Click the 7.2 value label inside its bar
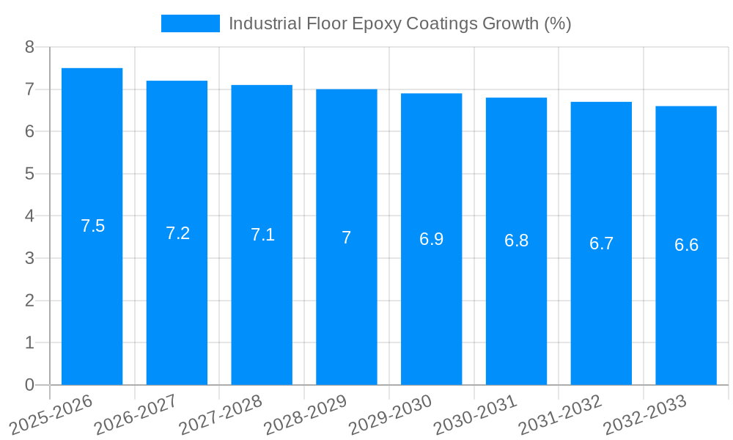pyautogui.click(x=177, y=233)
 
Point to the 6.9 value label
pyautogui.click(x=431, y=239)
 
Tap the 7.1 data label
pyautogui.click(x=262, y=235)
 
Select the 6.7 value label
pyautogui.click(x=601, y=243)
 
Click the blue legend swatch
pyautogui.click(x=190, y=23)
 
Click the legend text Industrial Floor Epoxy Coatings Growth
pyautogui.click(x=399, y=23)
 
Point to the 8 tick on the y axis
pyautogui.click(x=29, y=47)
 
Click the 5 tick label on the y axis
pyautogui.click(x=29, y=174)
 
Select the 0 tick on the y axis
pyautogui.click(x=29, y=385)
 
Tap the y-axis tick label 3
pyautogui.click(x=29, y=258)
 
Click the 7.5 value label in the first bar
pyautogui.click(x=93, y=226)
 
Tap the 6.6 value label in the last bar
pyautogui.click(x=686, y=245)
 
